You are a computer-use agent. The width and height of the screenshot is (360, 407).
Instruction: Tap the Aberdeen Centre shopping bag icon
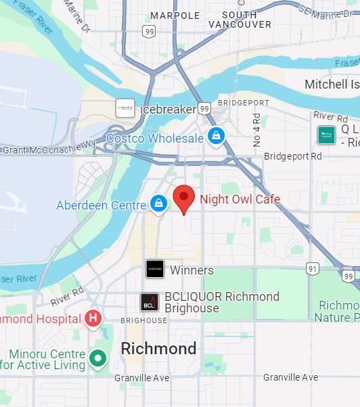click(x=158, y=203)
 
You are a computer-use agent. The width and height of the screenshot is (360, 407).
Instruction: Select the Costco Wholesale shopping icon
click(x=216, y=137)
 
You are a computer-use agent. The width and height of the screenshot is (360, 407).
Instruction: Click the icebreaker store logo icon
click(x=125, y=108)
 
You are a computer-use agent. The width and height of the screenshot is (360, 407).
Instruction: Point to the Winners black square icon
click(x=155, y=269)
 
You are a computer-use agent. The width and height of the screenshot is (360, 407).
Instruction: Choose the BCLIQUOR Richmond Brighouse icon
click(x=150, y=302)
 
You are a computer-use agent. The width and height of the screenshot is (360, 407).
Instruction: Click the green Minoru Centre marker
click(x=99, y=358)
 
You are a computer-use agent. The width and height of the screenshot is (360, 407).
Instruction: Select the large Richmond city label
click(x=158, y=349)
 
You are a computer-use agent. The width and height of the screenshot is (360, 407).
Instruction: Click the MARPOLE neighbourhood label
click(x=175, y=15)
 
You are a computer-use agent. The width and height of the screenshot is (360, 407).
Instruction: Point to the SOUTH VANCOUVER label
click(x=240, y=20)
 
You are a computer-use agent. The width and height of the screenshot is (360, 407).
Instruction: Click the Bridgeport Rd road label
click(x=293, y=155)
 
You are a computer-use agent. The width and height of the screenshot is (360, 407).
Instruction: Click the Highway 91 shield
click(x=312, y=269)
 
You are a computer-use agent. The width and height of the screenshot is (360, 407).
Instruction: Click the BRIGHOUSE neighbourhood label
click(x=143, y=320)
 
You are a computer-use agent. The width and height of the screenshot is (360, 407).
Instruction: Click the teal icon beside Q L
click(x=326, y=135)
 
